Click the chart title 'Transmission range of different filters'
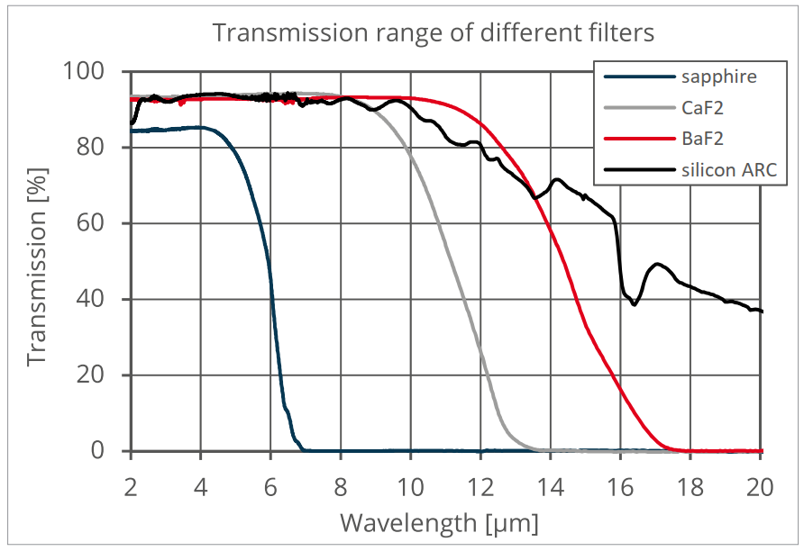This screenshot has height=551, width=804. tap(432, 33)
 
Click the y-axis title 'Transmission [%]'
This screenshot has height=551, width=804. tap(37, 260)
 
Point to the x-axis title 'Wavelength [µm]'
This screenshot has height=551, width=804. tap(439, 522)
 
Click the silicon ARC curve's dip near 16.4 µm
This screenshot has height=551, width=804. tap(635, 304)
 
